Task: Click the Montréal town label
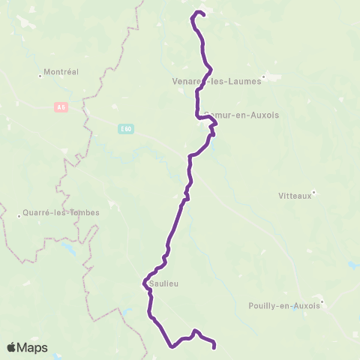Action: [x=62, y=73]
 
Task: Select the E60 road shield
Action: [x=124, y=128]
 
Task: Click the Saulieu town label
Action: [x=163, y=283]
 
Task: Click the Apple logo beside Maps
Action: [x=12, y=347]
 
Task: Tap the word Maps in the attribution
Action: [x=33, y=348]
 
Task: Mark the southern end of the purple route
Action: [x=214, y=347]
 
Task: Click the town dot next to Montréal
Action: [x=40, y=73]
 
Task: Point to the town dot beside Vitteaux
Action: [x=316, y=192]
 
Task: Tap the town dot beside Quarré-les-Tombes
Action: [x=19, y=216]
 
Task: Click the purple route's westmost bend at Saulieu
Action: [x=142, y=283]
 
